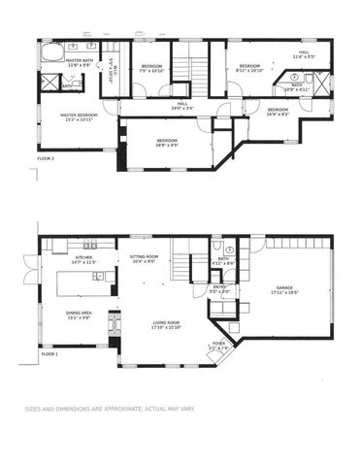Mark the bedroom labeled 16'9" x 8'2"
278,112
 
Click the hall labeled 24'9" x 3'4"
182,106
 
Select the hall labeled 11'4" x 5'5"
304,54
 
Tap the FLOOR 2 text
46,156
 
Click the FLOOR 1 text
49,355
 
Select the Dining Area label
79,315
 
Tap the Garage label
284,288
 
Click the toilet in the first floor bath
215,250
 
